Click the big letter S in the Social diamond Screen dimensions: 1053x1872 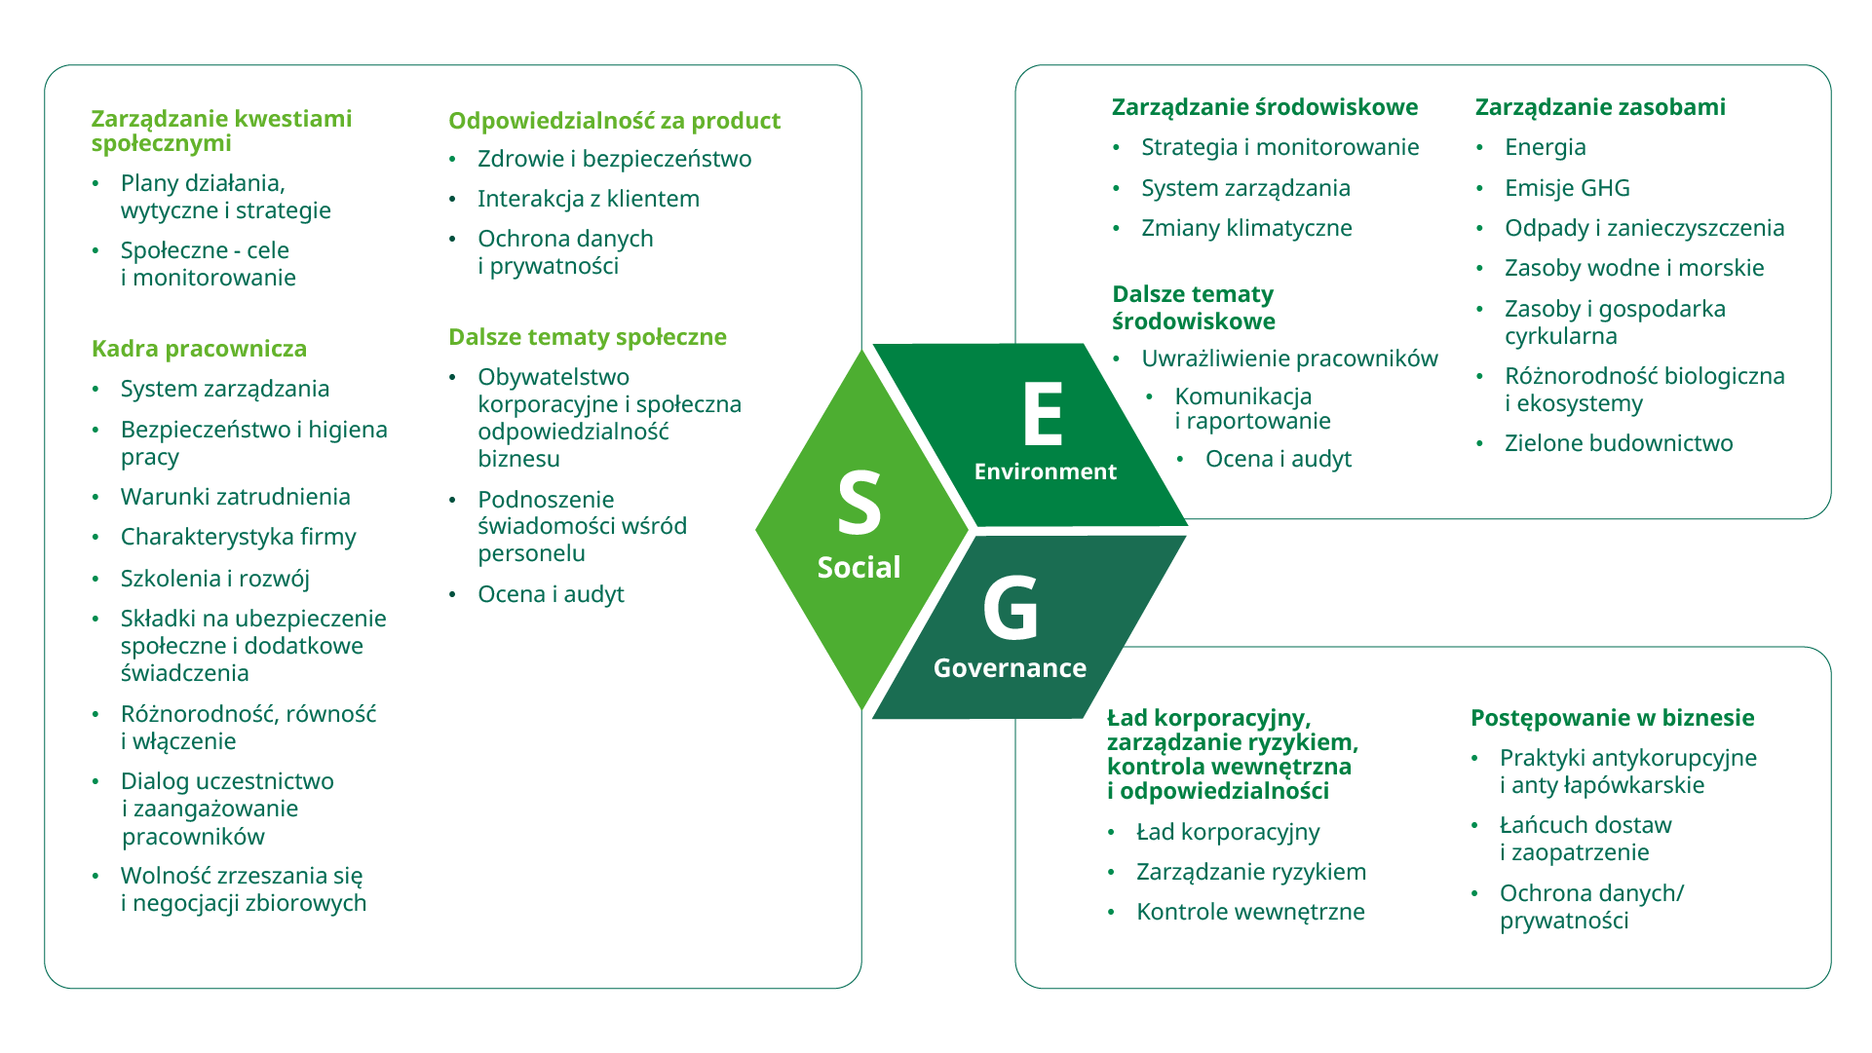859,503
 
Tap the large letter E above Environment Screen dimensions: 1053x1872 1042,414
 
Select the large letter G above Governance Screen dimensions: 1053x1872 1011,608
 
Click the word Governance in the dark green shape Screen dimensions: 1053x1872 1010,668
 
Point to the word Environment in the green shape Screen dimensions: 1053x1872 1045,471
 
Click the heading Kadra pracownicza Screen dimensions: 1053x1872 199,349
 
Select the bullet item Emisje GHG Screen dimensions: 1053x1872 1566,188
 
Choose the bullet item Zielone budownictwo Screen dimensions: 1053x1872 1618,443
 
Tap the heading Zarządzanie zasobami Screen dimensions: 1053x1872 1599,107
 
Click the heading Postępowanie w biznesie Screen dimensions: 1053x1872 1612,718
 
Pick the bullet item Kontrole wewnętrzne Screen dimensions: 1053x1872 1249,912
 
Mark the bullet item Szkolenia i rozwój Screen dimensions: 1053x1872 214,579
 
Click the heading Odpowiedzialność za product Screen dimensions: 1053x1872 614,121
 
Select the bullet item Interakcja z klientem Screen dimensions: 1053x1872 588,199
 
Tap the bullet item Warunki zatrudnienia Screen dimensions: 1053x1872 235,497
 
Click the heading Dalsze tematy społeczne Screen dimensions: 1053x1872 587,337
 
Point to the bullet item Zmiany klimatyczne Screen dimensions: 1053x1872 1245,228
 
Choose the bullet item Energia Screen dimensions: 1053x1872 1545,147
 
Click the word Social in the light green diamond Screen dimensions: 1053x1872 859,568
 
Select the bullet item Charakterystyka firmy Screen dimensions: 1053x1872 238,537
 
